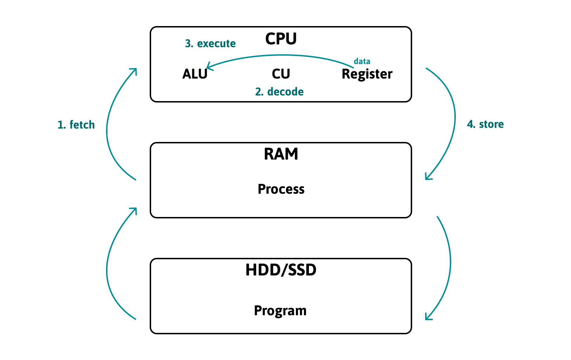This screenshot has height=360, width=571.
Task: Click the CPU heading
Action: click(281, 39)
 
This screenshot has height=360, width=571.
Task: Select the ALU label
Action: click(195, 74)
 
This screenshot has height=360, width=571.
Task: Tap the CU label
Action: click(281, 74)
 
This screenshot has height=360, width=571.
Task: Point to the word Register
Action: click(367, 74)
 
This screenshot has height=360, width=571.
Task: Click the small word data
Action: click(362, 61)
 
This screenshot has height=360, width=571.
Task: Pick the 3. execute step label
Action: click(210, 44)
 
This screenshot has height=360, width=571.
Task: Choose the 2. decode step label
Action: click(279, 92)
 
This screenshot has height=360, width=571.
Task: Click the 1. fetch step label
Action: click(76, 125)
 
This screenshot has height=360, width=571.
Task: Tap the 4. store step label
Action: click(485, 124)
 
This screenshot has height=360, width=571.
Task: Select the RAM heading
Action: click(281, 154)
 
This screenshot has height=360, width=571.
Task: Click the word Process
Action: click(281, 189)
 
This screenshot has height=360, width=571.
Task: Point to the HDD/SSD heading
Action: click(281, 270)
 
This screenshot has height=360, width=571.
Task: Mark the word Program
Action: click(280, 311)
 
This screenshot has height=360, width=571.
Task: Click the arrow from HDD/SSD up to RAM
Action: click(107, 268)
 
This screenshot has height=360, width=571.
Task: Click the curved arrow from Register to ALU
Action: click(282, 55)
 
